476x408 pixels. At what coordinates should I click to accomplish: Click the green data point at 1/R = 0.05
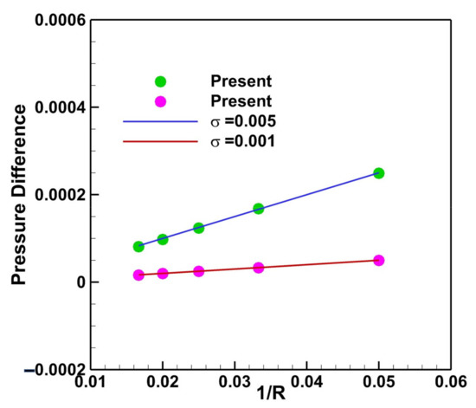[x=378, y=173]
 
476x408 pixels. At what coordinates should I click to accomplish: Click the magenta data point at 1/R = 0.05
[x=378, y=260]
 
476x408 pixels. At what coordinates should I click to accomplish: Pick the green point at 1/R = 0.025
[x=198, y=228]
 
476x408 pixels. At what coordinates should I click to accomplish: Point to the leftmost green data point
[x=138, y=246]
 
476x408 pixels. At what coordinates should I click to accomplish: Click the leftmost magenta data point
[x=138, y=275]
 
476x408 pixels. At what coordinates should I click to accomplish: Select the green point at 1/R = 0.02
[x=163, y=239]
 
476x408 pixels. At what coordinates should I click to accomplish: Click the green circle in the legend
[x=160, y=81]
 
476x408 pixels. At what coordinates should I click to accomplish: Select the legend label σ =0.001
[x=243, y=141]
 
